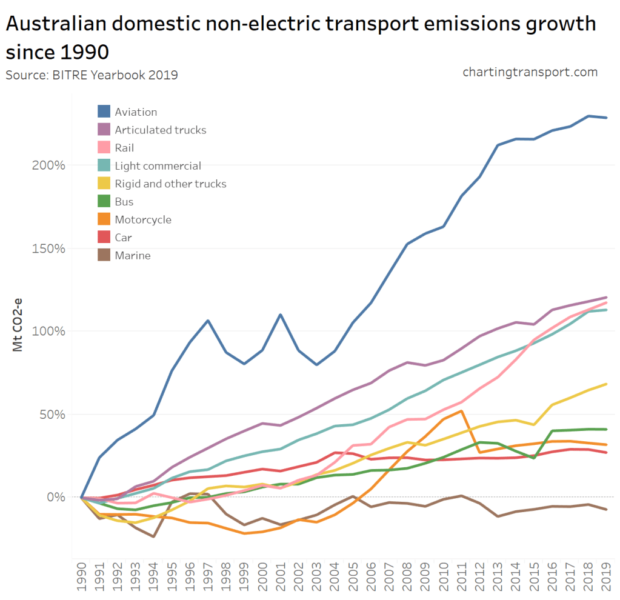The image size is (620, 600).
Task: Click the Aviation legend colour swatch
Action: (x=104, y=112)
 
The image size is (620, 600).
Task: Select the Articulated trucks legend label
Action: (x=160, y=130)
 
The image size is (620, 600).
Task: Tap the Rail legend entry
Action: (x=124, y=148)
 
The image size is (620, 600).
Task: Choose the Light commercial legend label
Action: (x=158, y=165)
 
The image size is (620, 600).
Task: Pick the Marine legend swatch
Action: (x=104, y=255)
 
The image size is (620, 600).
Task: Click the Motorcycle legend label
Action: (x=143, y=219)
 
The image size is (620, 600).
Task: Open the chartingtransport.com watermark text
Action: (x=530, y=72)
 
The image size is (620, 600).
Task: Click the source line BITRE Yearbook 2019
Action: (x=92, y=75)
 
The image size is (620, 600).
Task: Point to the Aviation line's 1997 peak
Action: (x=208, y=321)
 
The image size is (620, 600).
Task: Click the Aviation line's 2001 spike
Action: (x=281, y=315)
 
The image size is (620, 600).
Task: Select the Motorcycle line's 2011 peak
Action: (x=462, y=411)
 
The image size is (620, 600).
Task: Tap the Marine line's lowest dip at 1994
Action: (x=154, y=536)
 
